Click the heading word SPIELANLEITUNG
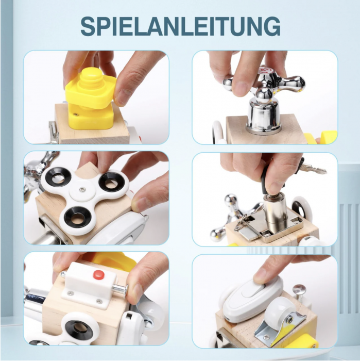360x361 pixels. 180,27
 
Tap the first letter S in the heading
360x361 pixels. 89,27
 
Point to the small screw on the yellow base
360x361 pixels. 75,114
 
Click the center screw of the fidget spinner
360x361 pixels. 82,190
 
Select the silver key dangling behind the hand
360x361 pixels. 313,170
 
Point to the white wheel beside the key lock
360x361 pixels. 302,208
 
